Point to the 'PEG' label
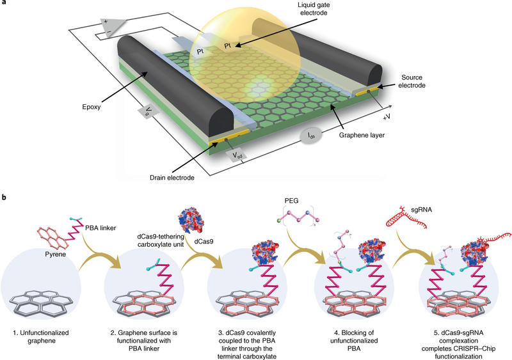(x=282, y=202)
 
